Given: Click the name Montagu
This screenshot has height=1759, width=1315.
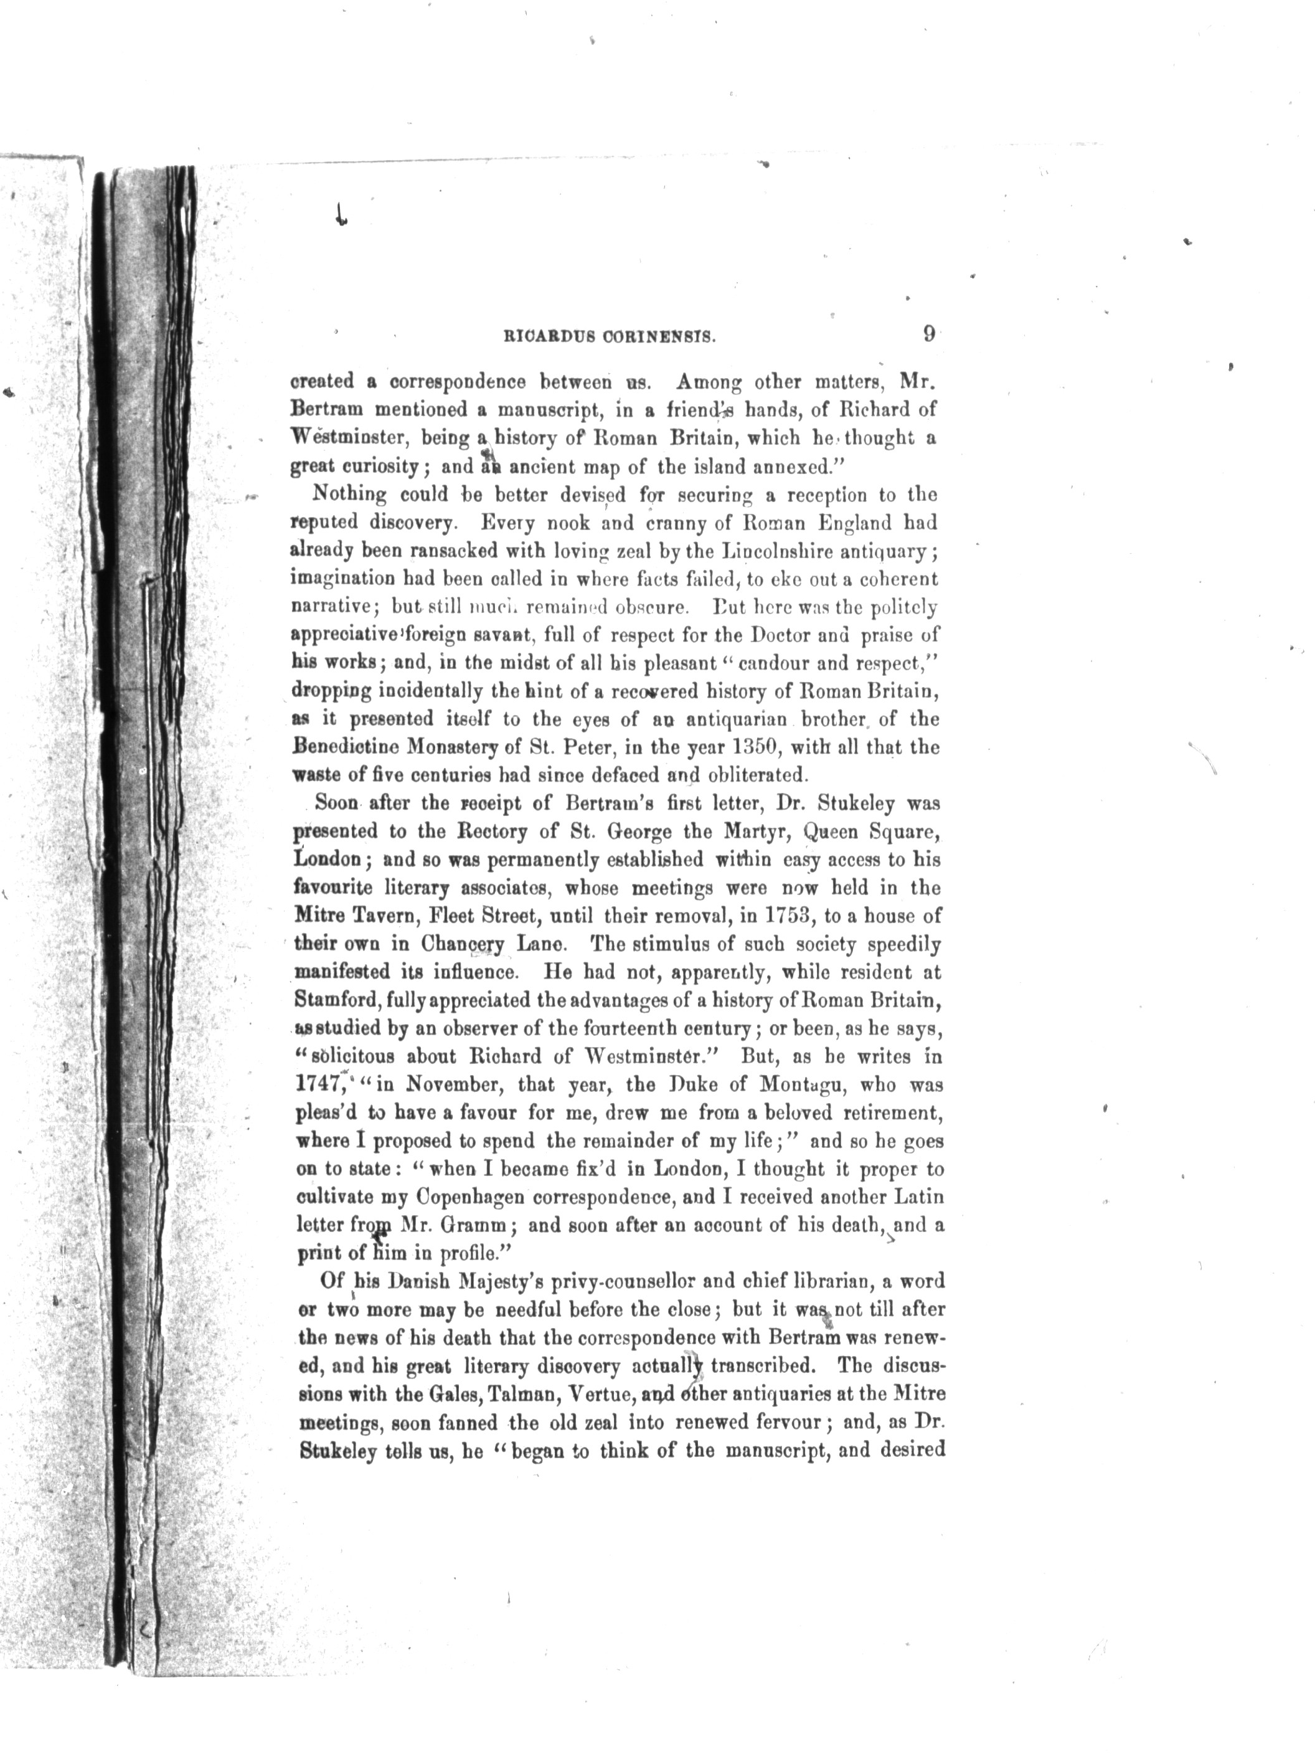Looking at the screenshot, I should pyautogui.click(x=802, y=1084).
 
